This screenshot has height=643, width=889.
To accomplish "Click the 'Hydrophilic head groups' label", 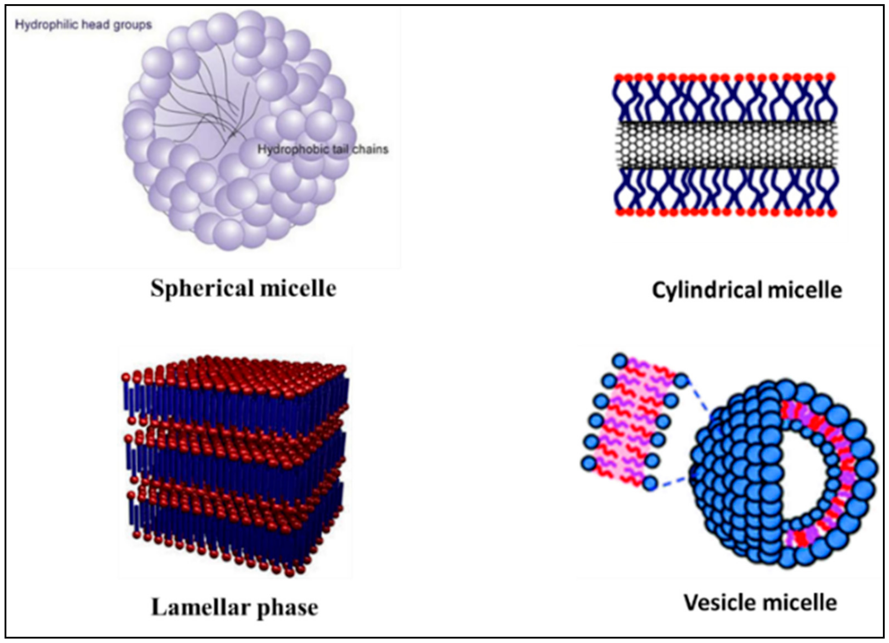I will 83,25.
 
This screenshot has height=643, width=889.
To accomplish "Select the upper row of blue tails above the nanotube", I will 725,100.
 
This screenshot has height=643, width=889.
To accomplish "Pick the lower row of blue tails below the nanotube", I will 725,190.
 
